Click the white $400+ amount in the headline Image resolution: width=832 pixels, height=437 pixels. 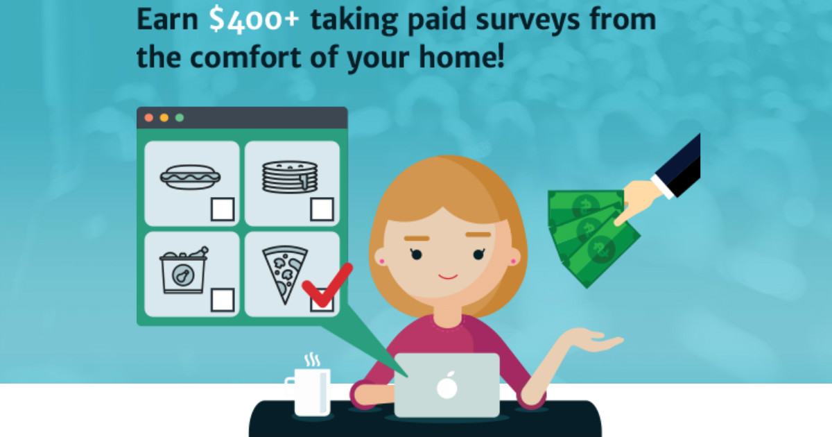coord(254,20)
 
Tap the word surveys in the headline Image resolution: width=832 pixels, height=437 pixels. coord(528,20)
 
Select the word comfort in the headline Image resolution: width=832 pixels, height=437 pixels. coord(246,57)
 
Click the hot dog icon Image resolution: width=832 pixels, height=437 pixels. coord(190,177)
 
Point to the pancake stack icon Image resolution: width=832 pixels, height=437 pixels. coord(290,177)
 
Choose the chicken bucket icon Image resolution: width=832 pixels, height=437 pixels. coord(184,270)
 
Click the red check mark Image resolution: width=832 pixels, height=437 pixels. coord(327,285)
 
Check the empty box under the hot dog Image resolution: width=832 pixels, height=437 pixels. coord(223,209)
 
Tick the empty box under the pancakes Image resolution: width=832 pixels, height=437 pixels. coord(322,209)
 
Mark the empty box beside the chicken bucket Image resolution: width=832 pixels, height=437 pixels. coord(223,300)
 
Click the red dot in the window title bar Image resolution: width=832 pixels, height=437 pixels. coord(149,118)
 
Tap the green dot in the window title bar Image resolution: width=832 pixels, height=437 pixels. coord(180,118)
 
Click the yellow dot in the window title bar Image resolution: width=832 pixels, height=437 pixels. coord(164,118)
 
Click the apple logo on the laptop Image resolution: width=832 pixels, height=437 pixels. coord(447,385)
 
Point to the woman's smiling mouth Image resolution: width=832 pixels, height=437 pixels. coord(448,277)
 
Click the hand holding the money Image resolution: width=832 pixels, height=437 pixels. coord(639,200)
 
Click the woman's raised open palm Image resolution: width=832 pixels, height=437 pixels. coord(591,339)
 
